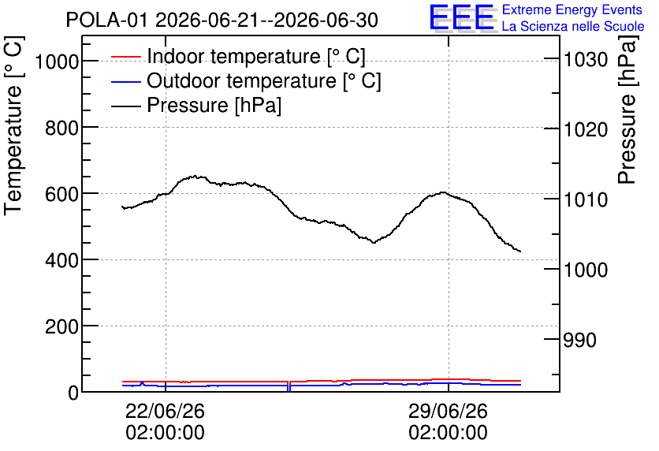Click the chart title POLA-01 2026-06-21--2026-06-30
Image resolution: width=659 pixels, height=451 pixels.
(222, 20)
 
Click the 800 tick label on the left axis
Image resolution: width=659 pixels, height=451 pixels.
(62, 129)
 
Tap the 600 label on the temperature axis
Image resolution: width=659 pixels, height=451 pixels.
(62, 195)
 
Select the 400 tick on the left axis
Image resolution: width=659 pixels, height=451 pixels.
(62, 261)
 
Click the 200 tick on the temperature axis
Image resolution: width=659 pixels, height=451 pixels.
(62, 326)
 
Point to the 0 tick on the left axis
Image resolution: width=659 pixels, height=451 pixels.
(73, 393)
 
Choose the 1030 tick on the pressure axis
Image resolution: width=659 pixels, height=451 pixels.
(586, 60)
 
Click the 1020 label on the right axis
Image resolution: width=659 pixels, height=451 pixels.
(586, 129)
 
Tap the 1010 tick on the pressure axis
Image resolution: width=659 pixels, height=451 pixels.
(586, 199)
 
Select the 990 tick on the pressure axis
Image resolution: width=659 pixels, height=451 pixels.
(580, 340)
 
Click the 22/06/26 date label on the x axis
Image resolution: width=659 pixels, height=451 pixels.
(166, 411)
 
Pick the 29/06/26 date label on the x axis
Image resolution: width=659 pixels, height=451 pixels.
(448, 411)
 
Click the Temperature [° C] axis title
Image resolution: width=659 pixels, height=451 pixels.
(13, 125)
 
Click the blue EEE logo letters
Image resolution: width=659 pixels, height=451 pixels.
(462, 17)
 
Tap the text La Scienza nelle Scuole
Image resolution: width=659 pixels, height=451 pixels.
(573, 26)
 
